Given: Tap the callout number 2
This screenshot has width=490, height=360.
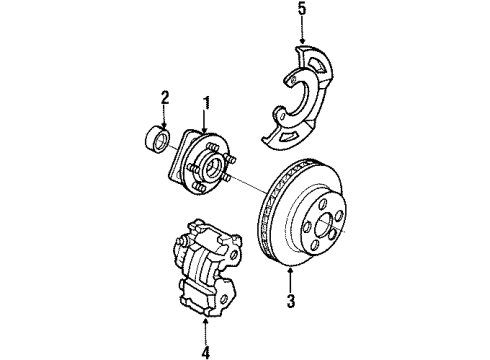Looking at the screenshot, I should pos(166,97).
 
